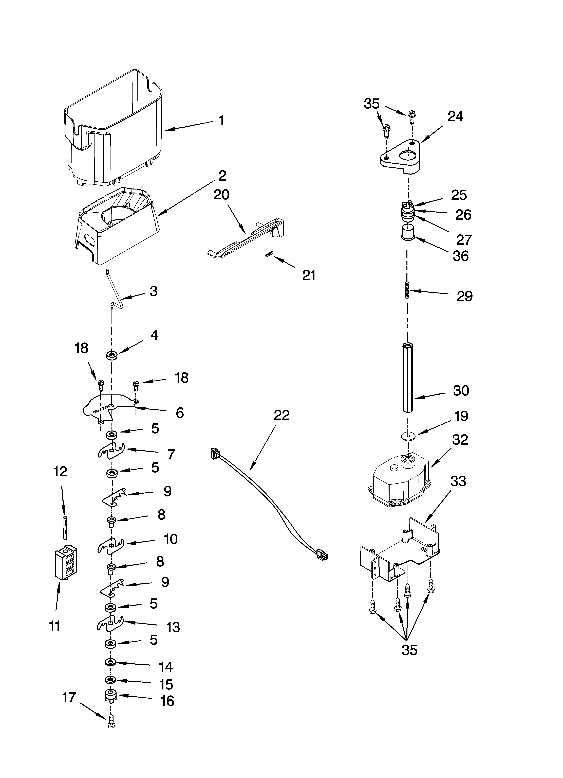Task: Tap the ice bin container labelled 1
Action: click(113, 130)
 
